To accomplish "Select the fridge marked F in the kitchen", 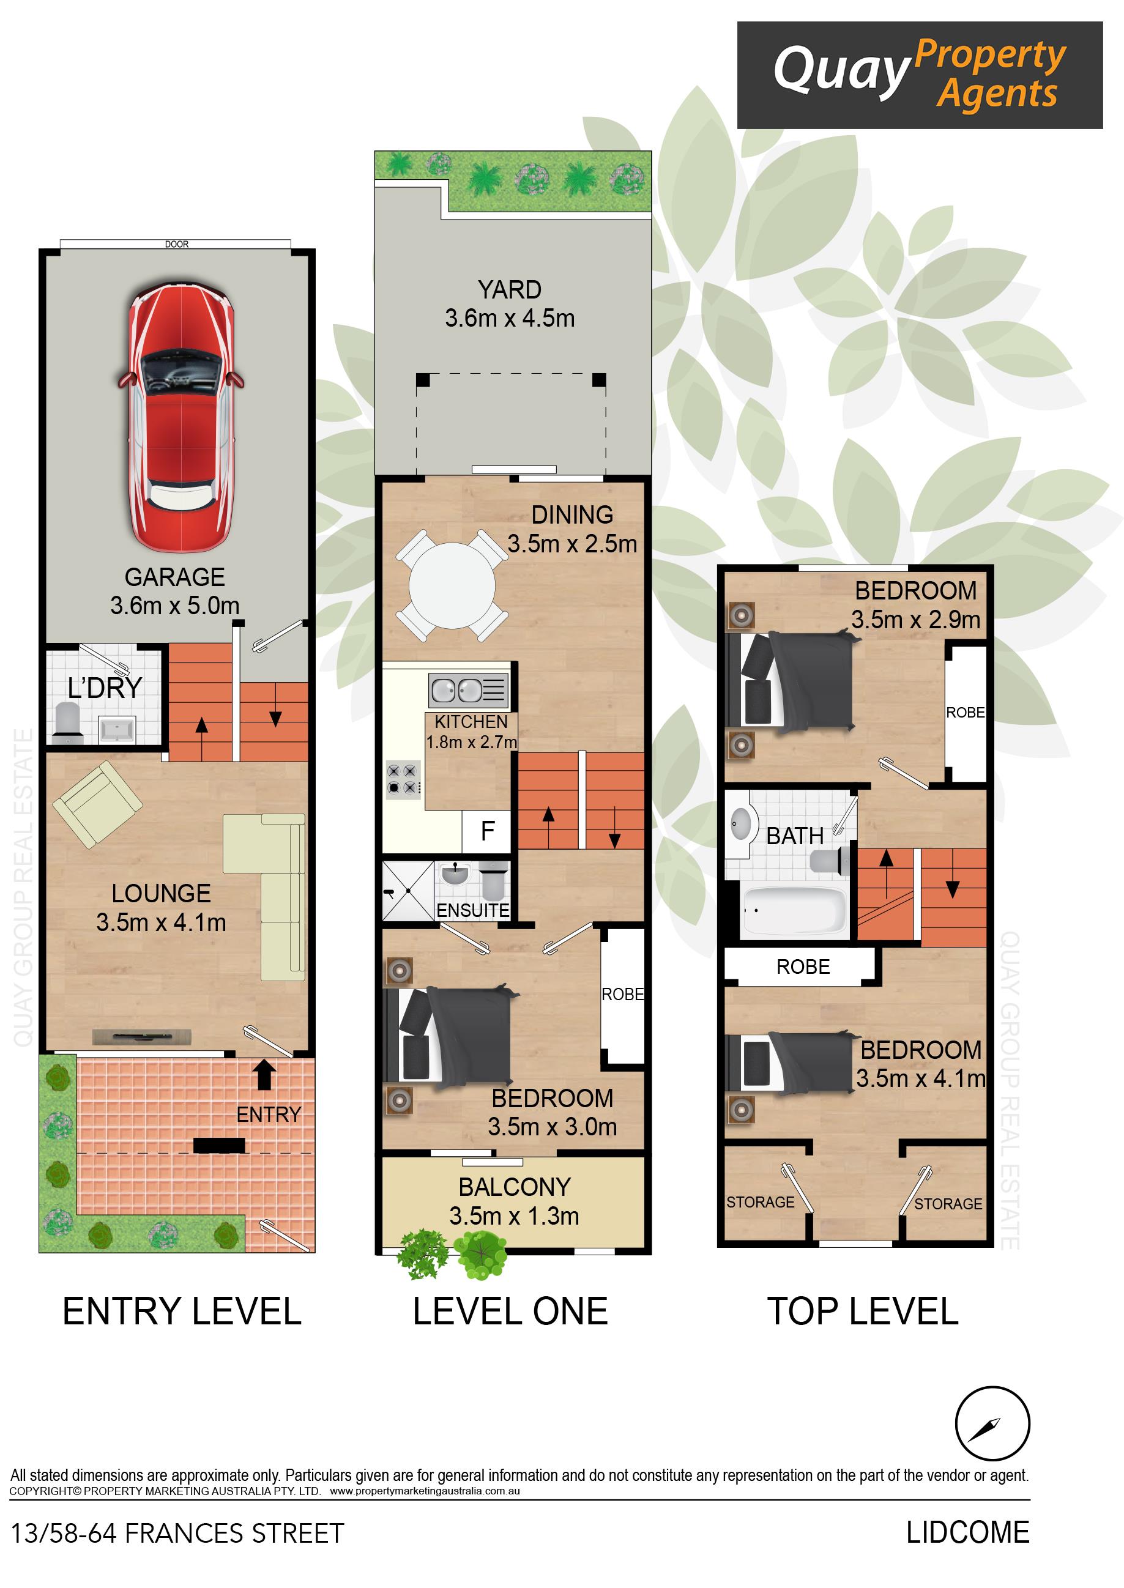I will pyautogui.click(x=487, y=830).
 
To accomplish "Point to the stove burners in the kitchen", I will pyautogui.click(x=403, y=779).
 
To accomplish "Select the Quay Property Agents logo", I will pyautogui.click(x=919, y=75).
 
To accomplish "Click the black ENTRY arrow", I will pyautogui.click(x=264, y=1075).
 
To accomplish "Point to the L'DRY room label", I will pyautogui.click(x=105, y=688).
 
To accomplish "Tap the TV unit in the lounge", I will pyautogui.click(x=142, y=1036).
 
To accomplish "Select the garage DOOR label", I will pyautogui.click(x=176, y=244).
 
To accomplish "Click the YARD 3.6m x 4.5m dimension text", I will pyautogui.click(x=510, y=318).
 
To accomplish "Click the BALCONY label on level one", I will pyautogui.click(x=514, y=1187).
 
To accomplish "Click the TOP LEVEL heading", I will pyautogui.click(x=862, y=1312).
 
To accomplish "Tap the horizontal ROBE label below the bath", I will pyautogui.click(x=803, y=967).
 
